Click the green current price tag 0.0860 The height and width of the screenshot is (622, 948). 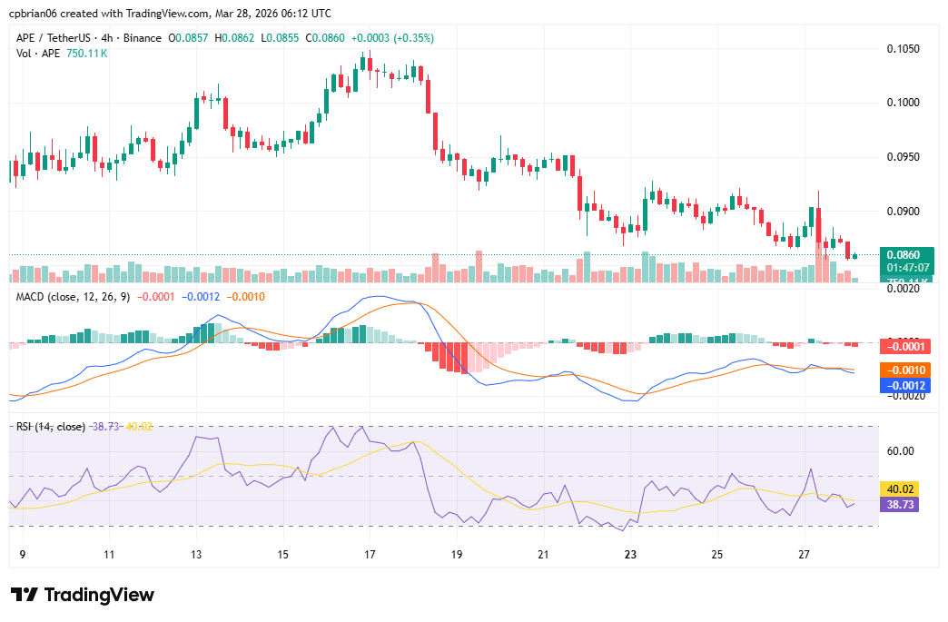[907, 255]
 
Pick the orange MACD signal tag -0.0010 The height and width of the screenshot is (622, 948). [907, 370]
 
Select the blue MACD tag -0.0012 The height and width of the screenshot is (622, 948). [907, 385]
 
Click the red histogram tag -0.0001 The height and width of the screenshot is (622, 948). [907, 346]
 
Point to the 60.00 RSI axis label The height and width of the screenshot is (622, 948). [901, 451]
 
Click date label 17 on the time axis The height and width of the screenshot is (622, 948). [370, 554]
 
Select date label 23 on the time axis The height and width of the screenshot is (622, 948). [630, 554]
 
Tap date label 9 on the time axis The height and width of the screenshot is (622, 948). [22, 554]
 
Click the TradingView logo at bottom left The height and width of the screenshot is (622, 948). [83, 595]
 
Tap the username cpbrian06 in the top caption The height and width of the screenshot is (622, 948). [34, 14]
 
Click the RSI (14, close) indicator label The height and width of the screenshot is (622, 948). [51, 426]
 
